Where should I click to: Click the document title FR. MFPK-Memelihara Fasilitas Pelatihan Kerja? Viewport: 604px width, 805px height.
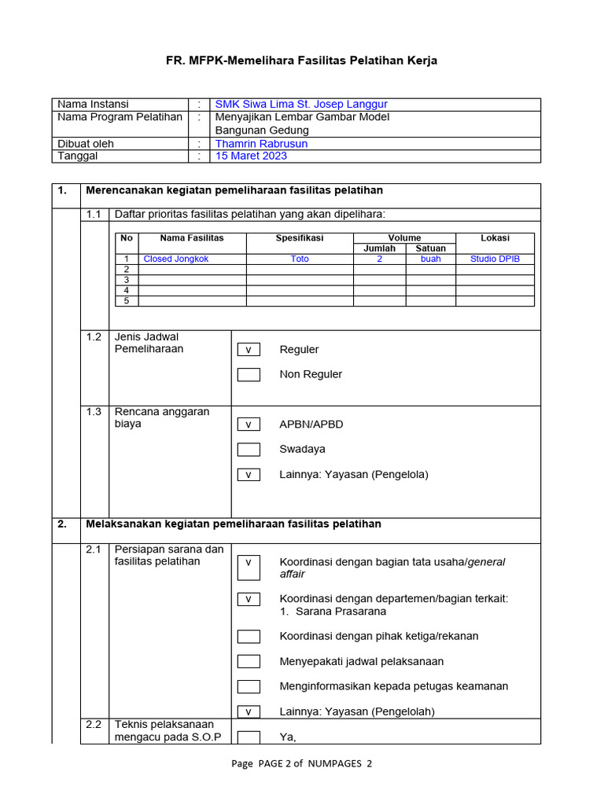301,61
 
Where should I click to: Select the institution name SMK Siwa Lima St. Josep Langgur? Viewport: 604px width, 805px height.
301,105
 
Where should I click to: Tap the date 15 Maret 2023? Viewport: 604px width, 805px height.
252,156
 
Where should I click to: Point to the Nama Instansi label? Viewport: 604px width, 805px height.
93,105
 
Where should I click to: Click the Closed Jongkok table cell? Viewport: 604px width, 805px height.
176,259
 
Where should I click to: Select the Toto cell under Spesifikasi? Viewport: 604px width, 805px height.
300,259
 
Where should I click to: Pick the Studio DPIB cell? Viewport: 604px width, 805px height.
495,259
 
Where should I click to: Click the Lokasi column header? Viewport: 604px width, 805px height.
495,237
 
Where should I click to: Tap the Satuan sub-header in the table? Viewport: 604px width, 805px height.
431,248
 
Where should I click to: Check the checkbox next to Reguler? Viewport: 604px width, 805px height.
249,350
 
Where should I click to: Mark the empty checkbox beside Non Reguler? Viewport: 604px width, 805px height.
249,375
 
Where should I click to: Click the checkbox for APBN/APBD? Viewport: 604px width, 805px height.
249,425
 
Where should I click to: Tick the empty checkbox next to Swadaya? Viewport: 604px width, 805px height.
249,450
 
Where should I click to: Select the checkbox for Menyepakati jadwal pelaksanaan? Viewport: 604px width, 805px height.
249,661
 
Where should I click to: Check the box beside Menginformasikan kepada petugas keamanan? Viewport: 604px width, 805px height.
249,686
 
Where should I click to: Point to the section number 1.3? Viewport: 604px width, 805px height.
94,412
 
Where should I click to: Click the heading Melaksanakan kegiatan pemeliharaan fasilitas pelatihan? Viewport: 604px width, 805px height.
233,524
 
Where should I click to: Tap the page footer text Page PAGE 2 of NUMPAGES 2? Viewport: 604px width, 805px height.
301,763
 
